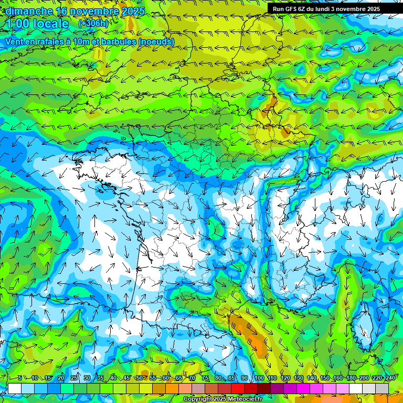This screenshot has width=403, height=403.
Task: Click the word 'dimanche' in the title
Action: [29, 11]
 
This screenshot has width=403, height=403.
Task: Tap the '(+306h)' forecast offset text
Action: [93, 24]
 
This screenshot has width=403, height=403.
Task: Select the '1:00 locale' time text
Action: [37, 24]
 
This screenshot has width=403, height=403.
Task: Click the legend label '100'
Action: [259, 378]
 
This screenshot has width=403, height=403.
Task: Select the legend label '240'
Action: [390, 378]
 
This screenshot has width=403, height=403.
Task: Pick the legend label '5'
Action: [19, 378]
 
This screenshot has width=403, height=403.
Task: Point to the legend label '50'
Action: [139, 378]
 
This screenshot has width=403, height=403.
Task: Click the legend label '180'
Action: [351, 378]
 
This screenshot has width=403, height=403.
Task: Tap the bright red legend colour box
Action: [238, 388]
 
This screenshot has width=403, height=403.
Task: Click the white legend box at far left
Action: [15, 388]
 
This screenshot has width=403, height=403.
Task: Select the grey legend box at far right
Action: [382, 388]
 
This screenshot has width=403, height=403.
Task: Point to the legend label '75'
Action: [205, 378]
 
